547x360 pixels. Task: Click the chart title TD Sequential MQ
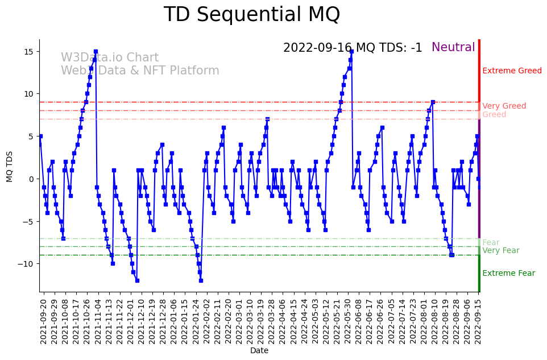[x=251, y=15]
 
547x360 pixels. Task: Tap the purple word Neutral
[x=453, y=48]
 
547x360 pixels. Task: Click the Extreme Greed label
[x=512, y=71]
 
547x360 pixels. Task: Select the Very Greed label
[x=504, y=106]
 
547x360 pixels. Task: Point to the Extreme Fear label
[x=508, y=274]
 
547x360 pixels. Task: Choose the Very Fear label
[x=500, y=251]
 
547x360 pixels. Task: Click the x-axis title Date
[x=259, y=351]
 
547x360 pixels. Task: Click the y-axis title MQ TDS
[x=10, y=165]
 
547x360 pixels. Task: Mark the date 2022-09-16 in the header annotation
[x=317, y=48]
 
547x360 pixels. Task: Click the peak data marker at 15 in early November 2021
[x=96, y=52]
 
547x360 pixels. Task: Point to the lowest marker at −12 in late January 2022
[x=201, y=280]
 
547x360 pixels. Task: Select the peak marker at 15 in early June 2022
[x=351, y=52]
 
